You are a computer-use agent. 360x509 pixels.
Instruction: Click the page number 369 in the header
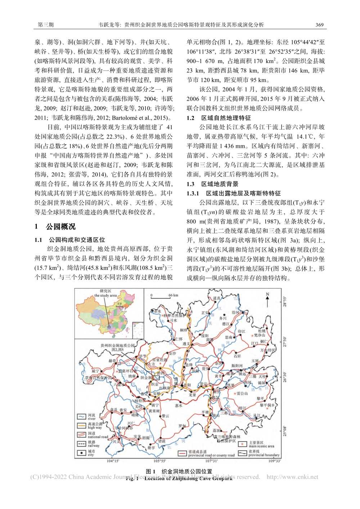[319, 24]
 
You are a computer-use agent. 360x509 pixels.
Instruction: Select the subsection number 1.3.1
[193, 193]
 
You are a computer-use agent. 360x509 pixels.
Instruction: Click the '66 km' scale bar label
[173, 295]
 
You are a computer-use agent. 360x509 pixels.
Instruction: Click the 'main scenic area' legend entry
[261, 446]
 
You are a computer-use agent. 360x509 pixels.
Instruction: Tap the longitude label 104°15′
[113, 461]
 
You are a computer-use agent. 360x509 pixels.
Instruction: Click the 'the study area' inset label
[105, 295]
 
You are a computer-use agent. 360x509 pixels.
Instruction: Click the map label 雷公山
[242, 393]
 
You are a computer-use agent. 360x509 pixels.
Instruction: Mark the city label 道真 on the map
[216, 298]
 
